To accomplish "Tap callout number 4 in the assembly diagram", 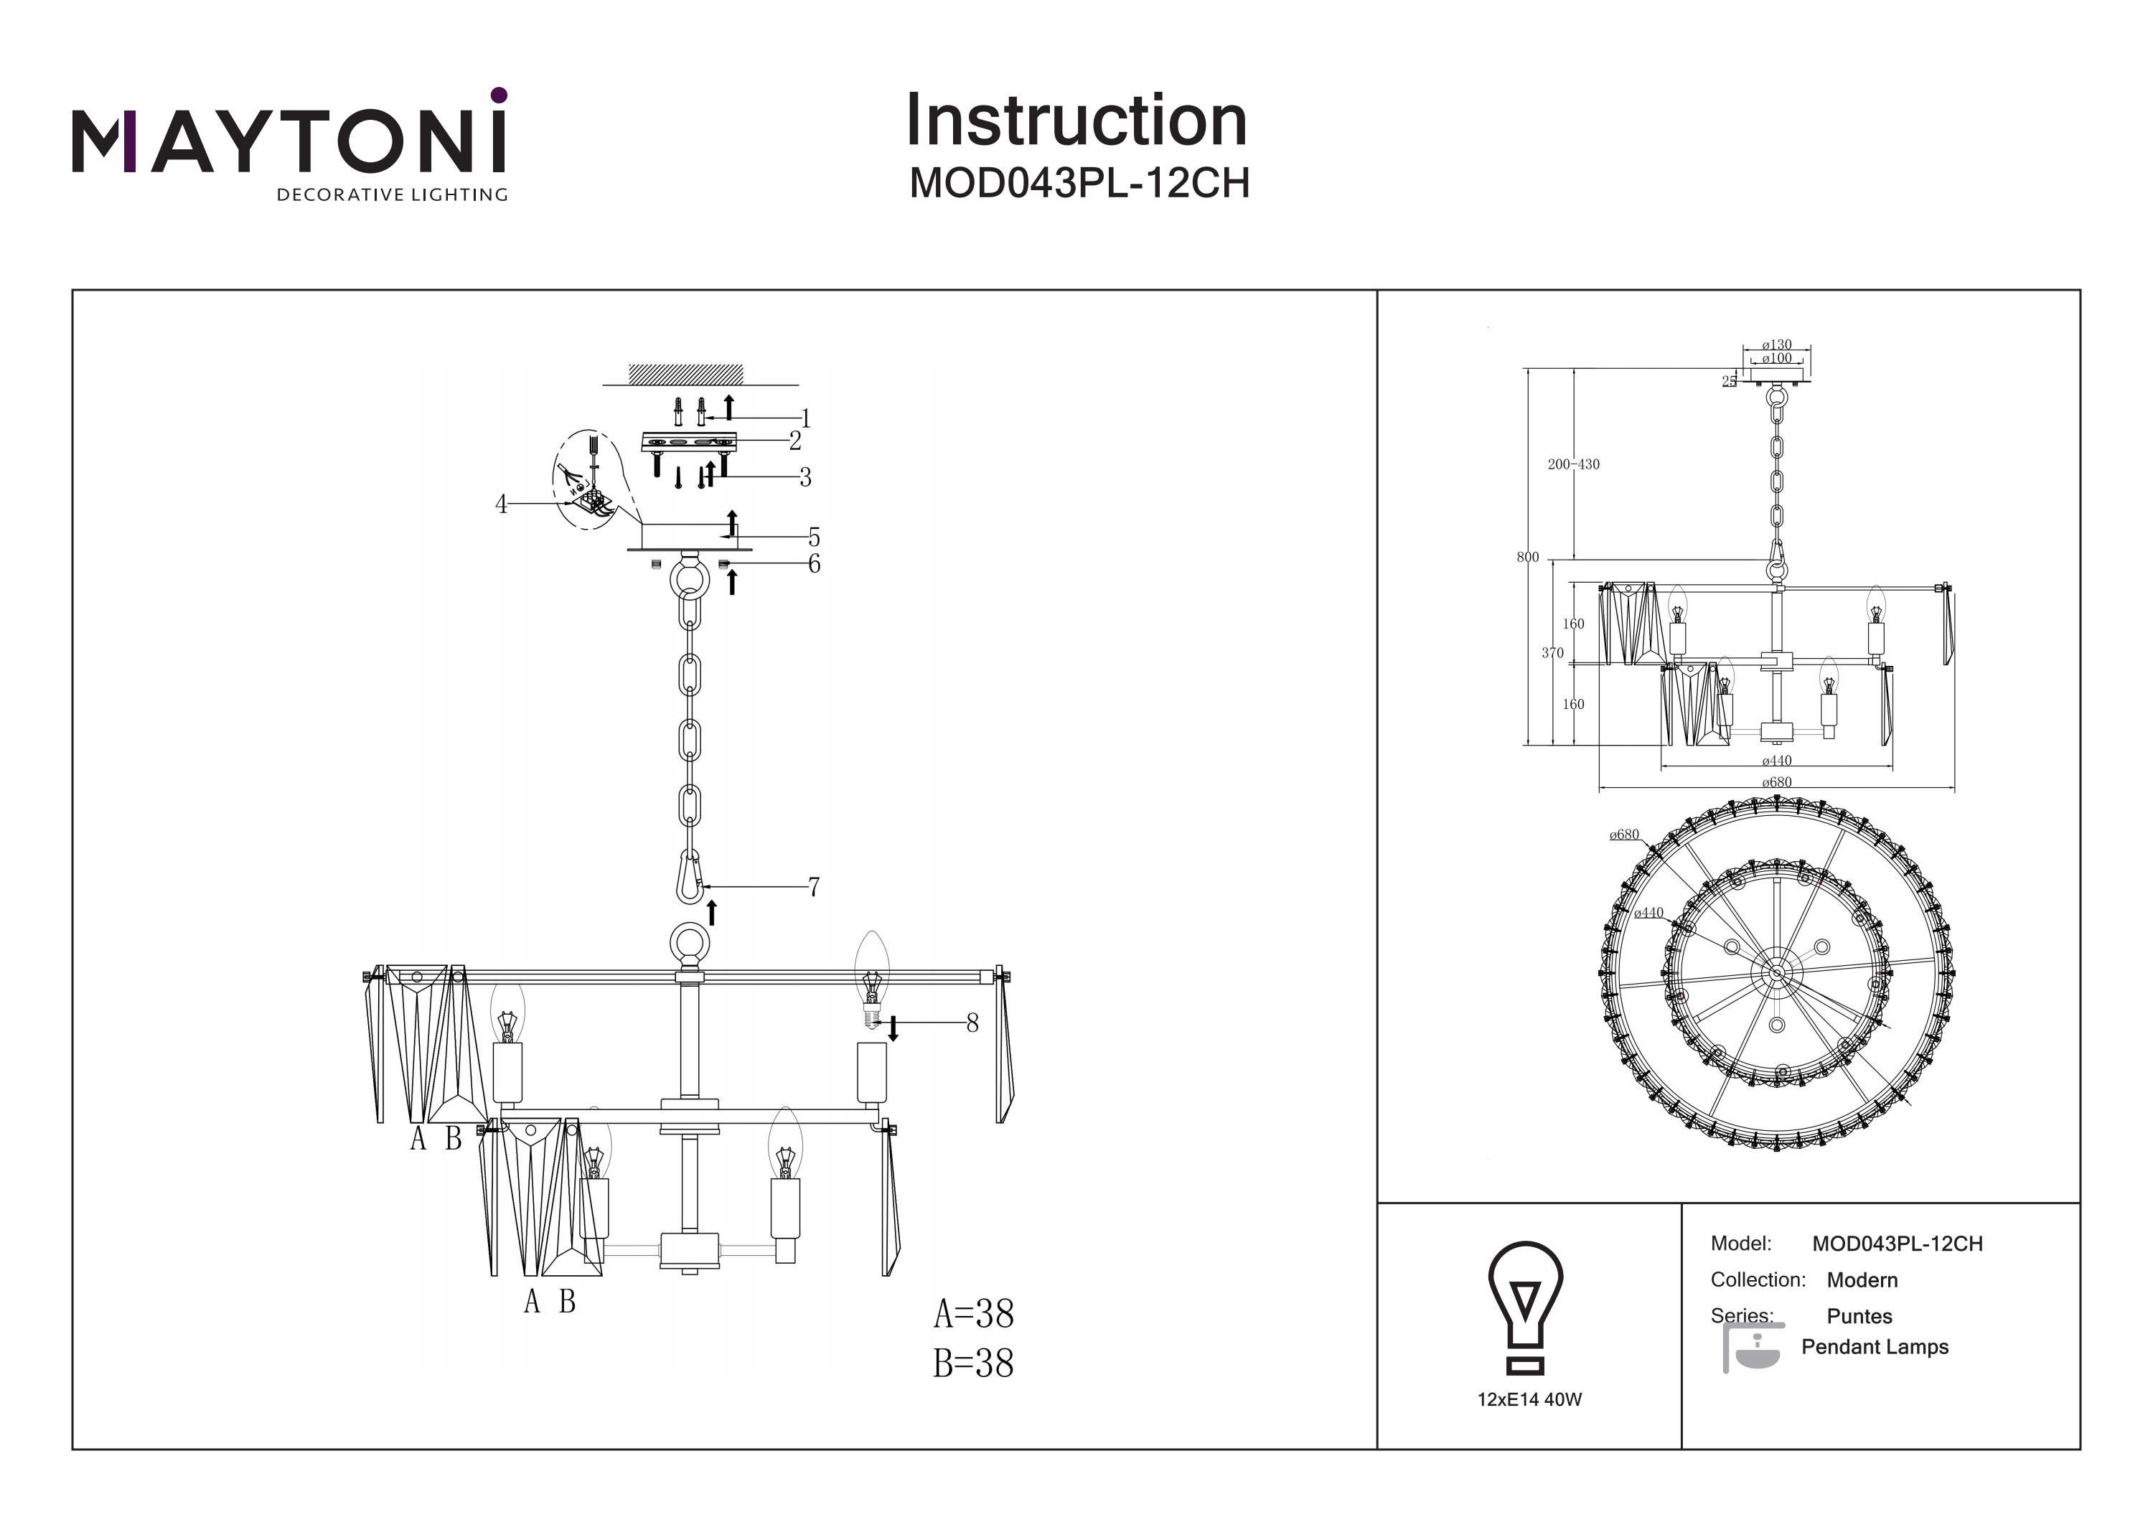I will coord(502,504).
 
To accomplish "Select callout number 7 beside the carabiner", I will coord(813,886).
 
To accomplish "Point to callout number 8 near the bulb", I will coord(972,1023).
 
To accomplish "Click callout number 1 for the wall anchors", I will coord(805,418).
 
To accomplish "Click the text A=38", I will coord(973,1314).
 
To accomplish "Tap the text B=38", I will coord(973,1363).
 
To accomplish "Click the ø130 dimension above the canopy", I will coord(1776,345).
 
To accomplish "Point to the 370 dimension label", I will coord(1552,653).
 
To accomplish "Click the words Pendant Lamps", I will coord(1875,1347).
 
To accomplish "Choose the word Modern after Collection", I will coord(1862,1280).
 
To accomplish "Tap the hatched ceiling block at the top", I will coord(685,375).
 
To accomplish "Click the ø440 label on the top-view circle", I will coord(1648,913).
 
